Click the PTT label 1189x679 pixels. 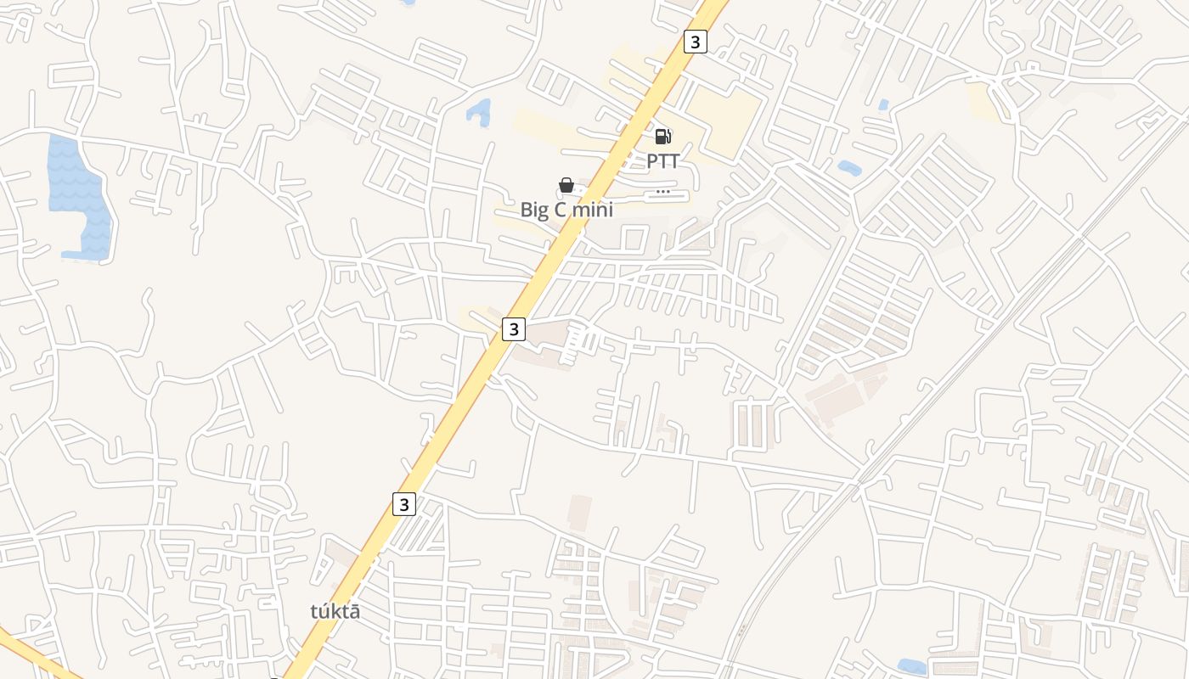point(662,161)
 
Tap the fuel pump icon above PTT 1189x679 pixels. point(662,136)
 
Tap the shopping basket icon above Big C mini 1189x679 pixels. point(566,185)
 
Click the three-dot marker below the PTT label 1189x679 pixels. point(663,192)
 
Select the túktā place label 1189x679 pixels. point(334,611)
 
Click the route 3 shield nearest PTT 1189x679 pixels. point(695,42)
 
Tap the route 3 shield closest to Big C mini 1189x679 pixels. point(513,329)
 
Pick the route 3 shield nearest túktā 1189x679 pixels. point(404,504)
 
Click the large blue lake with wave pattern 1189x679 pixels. point(78,195)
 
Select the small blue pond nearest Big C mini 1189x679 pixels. point(479,112)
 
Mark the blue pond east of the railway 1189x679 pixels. point(912,666)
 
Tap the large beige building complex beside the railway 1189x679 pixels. point(841,395)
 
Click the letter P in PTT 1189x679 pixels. point(652,161)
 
